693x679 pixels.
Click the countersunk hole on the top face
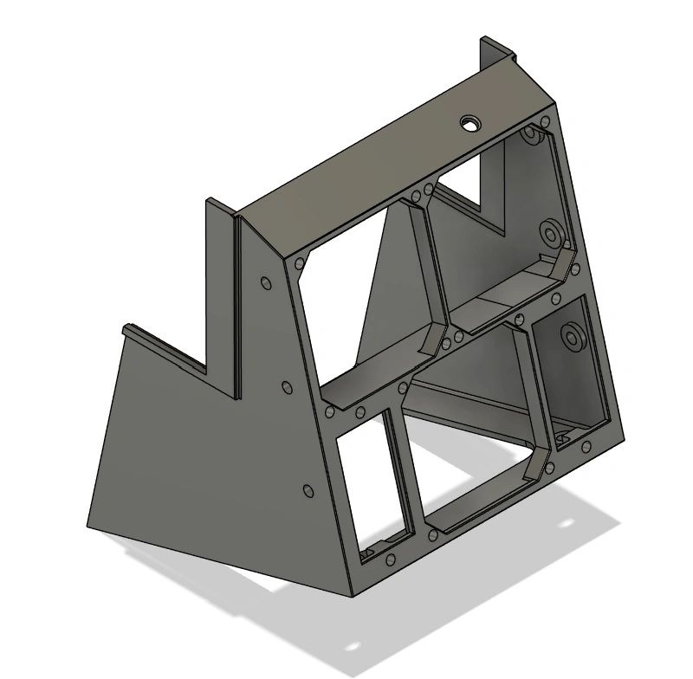point(470,122)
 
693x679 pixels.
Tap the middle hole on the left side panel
point(287,386)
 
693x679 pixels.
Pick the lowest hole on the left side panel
point(308,491)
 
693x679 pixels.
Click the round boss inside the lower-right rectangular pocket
point(571,335)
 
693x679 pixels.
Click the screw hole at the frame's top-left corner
point(299,261)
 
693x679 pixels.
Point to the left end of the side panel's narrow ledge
point(126,330)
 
